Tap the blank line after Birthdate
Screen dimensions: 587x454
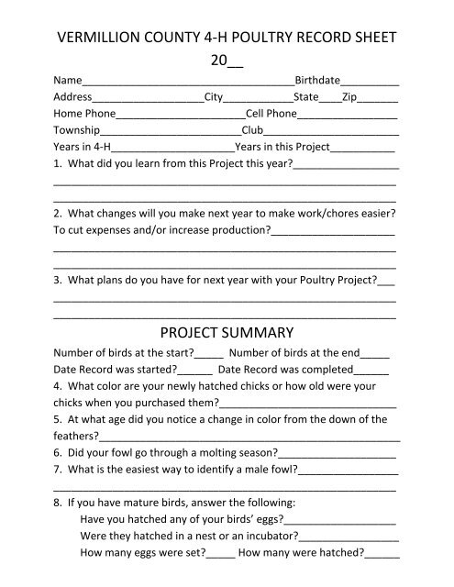[373, 81]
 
